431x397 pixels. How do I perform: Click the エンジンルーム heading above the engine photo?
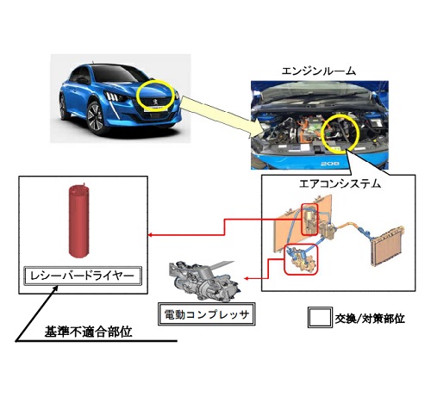point(318,71)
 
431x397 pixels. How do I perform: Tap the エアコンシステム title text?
point(340,183)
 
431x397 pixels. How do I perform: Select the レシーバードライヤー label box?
point(83,276)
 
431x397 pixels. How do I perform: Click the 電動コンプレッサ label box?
point(207,314)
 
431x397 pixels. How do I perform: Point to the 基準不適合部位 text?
point(88,332)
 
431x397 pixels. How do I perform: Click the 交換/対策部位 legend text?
point(370,319)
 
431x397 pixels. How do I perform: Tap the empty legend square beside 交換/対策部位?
point(320,317)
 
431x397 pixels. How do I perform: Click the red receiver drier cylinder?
point(78,220)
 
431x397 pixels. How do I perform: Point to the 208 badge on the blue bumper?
point(329,164)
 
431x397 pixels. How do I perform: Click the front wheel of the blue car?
point(97,118)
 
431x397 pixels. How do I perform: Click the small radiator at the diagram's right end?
point(387,245)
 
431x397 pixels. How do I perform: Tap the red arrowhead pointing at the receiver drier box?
point(150,235)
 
